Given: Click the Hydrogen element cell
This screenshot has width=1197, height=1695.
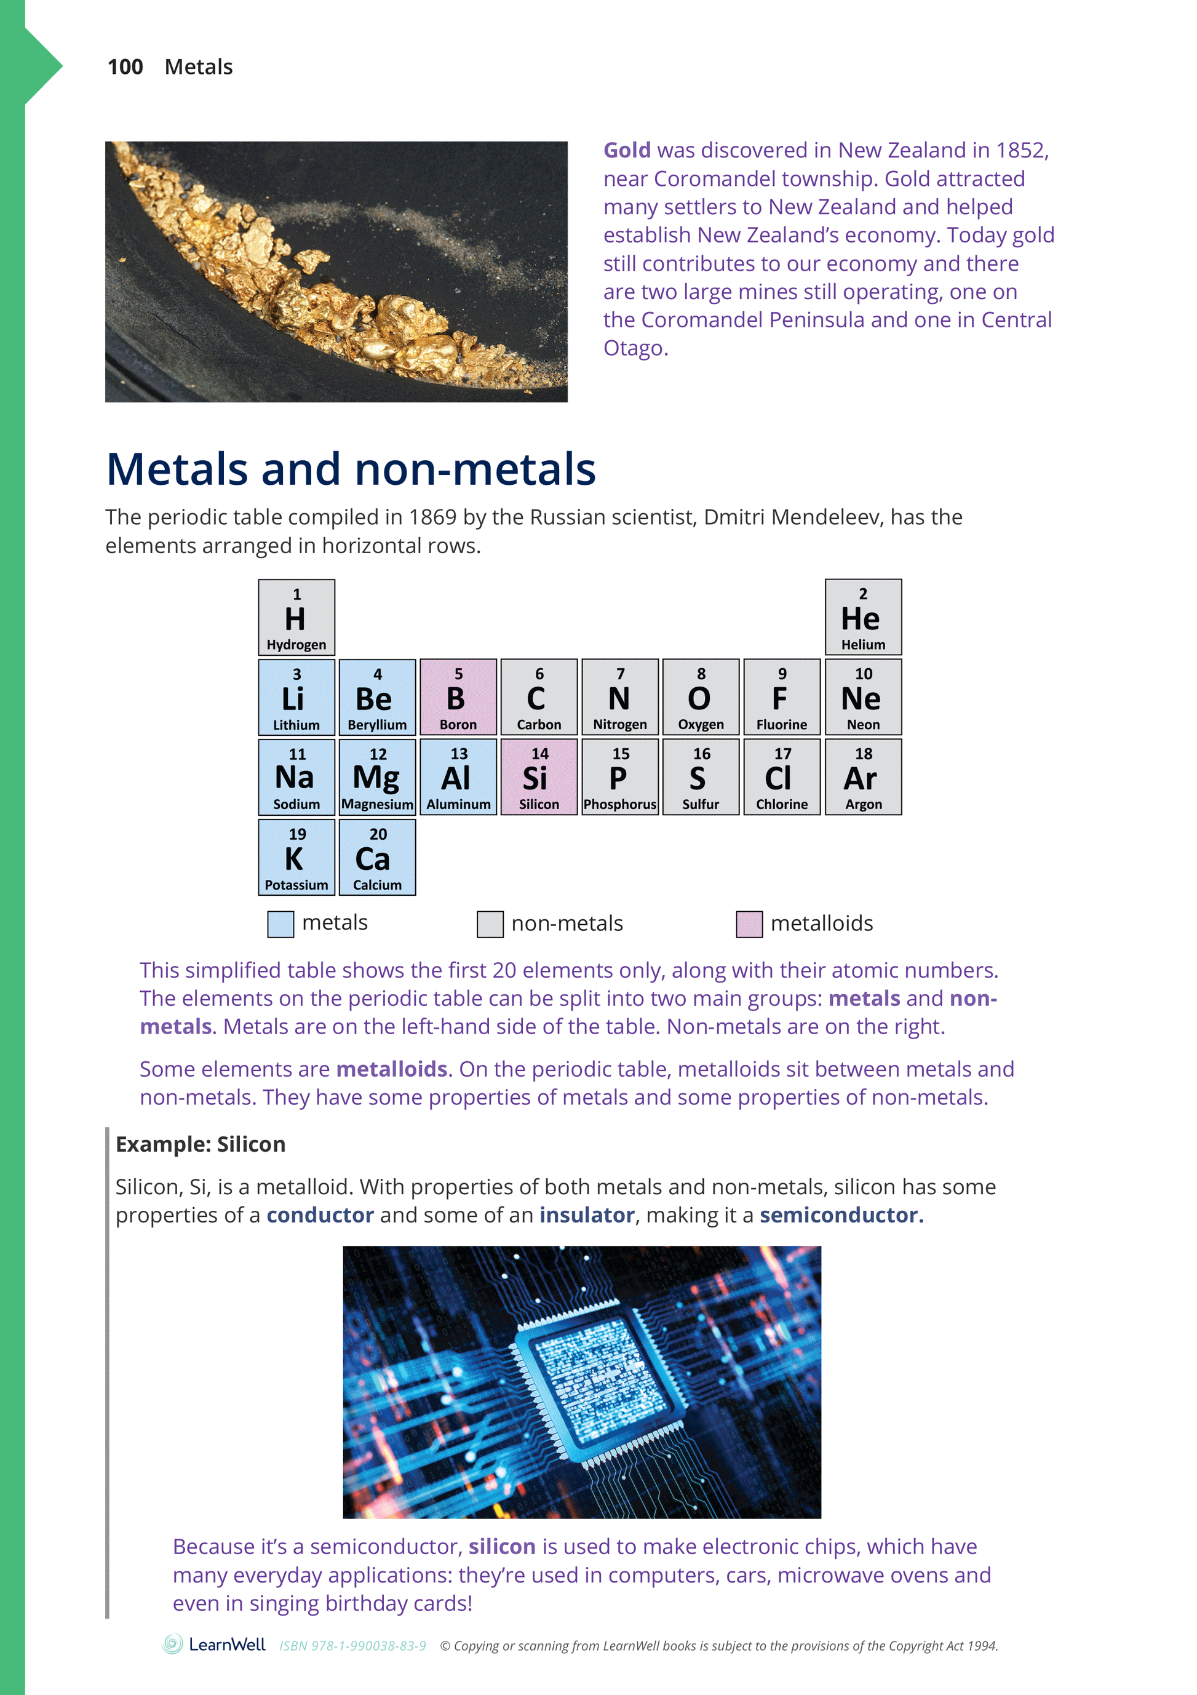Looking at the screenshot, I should pos(296,617).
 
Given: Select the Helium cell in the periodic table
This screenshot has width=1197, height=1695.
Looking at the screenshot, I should pos(863,617).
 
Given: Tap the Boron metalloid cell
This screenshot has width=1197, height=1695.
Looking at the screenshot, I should pos(458,697).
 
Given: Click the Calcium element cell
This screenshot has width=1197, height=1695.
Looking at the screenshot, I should pos(377,857).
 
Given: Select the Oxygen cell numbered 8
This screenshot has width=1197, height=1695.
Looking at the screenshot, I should pos(701,697).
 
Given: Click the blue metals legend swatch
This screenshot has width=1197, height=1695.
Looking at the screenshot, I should pos(280,923).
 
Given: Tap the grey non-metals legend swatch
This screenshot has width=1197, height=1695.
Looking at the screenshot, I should pos(490,923).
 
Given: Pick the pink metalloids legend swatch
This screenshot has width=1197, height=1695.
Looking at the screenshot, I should pos(749,923).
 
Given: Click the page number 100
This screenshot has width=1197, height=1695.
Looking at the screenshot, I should pos(125,67).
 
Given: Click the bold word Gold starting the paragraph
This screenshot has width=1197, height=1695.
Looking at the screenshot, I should pos(627,151).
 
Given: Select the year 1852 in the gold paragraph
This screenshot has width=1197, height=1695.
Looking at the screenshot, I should pos(1020,151).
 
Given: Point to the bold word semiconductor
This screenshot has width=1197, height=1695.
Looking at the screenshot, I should pos(841,1214).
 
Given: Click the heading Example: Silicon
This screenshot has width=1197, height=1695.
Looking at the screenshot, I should pos(200,1144).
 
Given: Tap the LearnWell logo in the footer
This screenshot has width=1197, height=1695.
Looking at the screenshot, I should pos(214,1644).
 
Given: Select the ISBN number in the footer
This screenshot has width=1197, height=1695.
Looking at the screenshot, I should pos(352,1646).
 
